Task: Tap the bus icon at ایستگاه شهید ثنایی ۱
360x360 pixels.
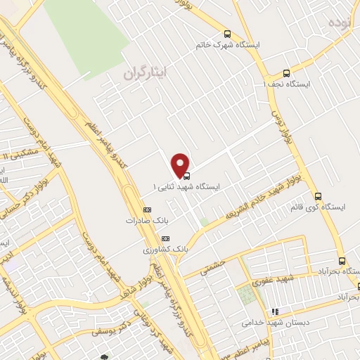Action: [x=186, y=176]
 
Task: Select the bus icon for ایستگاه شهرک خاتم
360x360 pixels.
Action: [x=226, y=34]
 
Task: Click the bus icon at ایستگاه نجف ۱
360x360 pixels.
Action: [x=285, y=73]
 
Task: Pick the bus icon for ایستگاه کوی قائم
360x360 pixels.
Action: [x=318, y=196]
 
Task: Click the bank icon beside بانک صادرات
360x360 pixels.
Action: [x=147, y=210]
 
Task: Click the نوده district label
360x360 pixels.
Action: [x=336, y=22]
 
